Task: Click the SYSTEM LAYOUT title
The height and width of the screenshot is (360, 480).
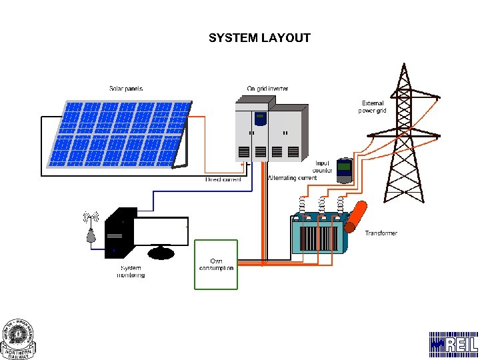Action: tap(259, 38)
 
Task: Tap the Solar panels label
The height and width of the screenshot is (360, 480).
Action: tap(126, 89)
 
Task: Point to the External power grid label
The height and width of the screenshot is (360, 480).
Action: tap(372, 107)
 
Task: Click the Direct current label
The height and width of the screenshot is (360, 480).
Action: tap(223, 179)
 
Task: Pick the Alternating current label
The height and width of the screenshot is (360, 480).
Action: tap(292, 179)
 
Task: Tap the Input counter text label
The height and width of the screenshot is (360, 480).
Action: tap(323, 167)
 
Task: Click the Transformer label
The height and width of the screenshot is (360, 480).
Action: tap(381, 233)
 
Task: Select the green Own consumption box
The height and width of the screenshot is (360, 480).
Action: tap(215, 265)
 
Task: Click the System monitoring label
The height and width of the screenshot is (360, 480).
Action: tap(131, 271)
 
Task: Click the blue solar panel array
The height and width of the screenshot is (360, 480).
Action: tap(117, 133)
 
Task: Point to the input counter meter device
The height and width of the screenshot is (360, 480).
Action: tap(343, 171)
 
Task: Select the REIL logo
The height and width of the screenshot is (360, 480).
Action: tap(453, 345)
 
